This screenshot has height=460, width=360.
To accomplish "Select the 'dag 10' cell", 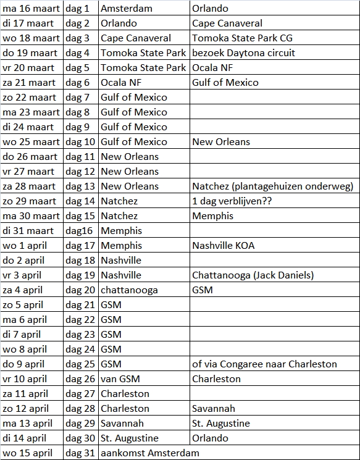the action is (80, 142).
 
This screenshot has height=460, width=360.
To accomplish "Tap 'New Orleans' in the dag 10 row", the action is (221, 142).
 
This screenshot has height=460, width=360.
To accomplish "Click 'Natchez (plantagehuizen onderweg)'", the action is (272, 186).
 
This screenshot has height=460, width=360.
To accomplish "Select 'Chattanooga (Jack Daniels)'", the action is (253, 275).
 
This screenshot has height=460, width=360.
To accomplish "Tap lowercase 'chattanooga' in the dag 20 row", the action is (129, 290).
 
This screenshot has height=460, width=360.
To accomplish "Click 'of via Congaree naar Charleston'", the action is (264, 364).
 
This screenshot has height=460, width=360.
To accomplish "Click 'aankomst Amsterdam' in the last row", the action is (150, 453).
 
